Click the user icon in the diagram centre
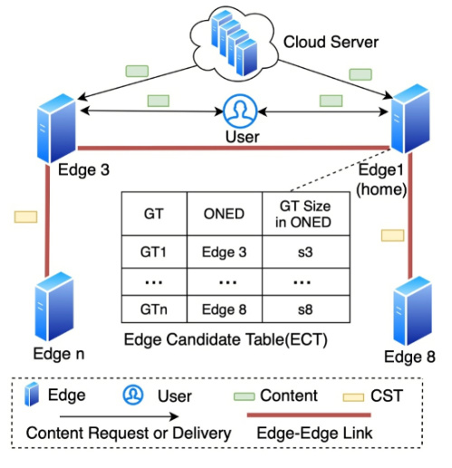pos(240,111)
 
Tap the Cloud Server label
pos(331,42)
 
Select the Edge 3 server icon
pos(56,129)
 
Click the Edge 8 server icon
pos(412,310)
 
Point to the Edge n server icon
pos(54,307)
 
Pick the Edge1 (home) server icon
pos(410,119)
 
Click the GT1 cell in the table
pos(153,252)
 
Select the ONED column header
pos(224,214)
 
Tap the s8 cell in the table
pos(305,310)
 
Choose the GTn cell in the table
pos(154,310)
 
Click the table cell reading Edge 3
pos(224,252)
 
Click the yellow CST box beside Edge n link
pos(26,216)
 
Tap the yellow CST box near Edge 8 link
pos(392,235)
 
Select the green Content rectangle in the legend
pos(245,396)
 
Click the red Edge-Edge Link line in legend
pos(309,415)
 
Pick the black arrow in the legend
pos(120,416)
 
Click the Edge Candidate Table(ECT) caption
pos(226,339)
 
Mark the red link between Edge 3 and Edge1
pos(234,148)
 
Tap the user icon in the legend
pos(133,395)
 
